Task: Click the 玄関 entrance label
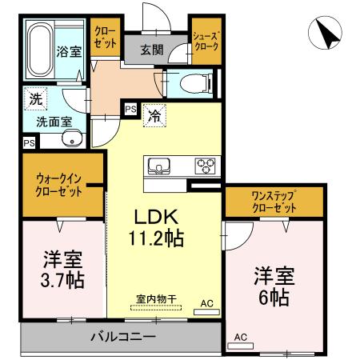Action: coord(152,50)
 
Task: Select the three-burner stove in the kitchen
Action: coord(206,166)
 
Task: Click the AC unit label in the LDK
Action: coord(206,303)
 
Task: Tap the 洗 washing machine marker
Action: coord(35,100)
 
